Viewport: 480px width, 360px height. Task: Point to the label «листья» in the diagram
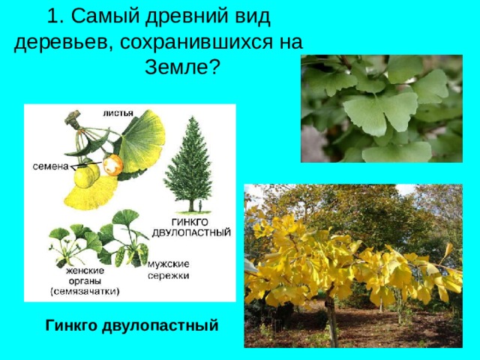(118, 113)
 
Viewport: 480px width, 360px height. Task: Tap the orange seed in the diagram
(112, 165)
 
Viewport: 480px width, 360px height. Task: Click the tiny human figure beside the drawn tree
(190, 205)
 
